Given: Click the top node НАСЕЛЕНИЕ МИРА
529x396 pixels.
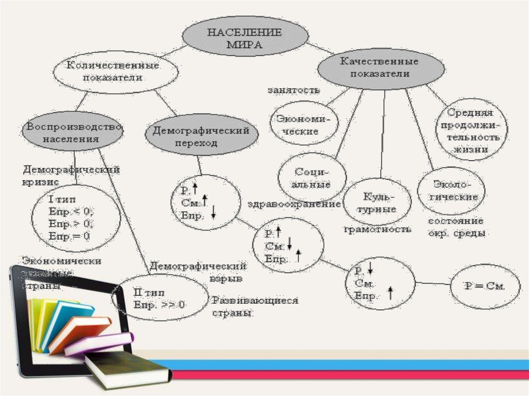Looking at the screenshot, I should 244,39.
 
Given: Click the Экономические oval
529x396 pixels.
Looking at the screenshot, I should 304,124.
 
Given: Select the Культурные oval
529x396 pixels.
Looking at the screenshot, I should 379,203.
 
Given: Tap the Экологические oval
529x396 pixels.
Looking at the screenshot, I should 450,190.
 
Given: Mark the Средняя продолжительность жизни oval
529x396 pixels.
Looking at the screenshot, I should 469,131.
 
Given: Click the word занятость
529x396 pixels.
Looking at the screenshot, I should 293,90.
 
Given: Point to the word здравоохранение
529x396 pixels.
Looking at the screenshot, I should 294,204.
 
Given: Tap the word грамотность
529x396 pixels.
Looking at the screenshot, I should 378,229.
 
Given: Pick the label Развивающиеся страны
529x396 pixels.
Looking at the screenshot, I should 256,306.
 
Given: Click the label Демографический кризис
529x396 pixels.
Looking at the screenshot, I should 70,175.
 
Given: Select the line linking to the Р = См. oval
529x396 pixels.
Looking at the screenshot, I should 433,283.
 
